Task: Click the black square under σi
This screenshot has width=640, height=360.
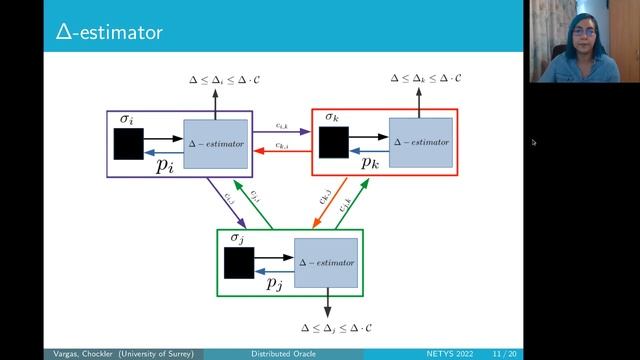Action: pyautogui.click(x=129, y=144)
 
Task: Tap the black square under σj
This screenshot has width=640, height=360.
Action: pyautogui.click(x=239, y=262)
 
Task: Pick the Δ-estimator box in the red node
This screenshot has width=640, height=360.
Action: pyautogui.click(x=421, y=144)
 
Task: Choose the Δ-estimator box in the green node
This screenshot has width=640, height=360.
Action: pyautogui.click(x=325, y=262)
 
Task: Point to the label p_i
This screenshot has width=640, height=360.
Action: pyautogui.click(x=166, y=166)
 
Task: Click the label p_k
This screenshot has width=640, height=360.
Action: pyautogui.click(x=369, y=163)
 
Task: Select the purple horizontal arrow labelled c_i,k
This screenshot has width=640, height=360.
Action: pyautogui.click(x=282, y=134)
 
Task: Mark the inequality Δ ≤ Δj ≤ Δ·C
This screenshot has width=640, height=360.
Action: pyautogui.click(x=343, y=327)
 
